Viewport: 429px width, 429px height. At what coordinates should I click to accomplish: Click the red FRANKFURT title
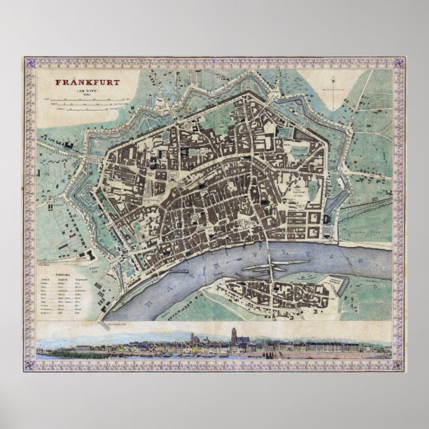(83, 85)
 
